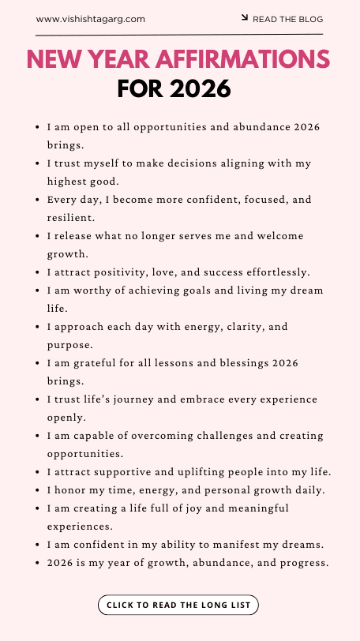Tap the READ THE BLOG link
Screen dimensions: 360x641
pyautogui.click(x=287, y=19)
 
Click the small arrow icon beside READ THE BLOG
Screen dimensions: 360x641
pyautogui.click(x=245, y=17)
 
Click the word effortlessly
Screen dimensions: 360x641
pyautogui.click(x=269, y=272)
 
